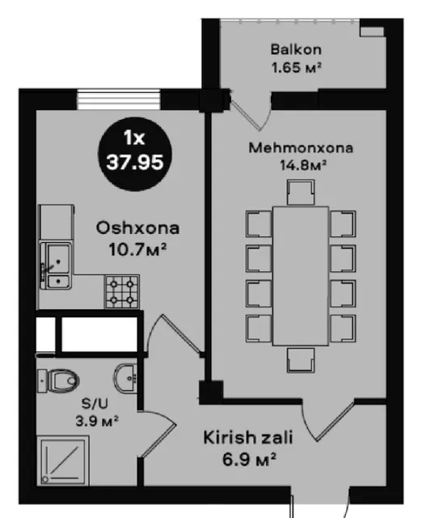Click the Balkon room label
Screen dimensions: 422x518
point(296,49)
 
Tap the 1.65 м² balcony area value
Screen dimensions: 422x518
point(297,67)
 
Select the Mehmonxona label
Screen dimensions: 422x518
point(301,147)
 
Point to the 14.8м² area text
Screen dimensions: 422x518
point(303,164)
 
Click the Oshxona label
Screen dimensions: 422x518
point(137,228)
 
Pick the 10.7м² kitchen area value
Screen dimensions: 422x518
point(137,248)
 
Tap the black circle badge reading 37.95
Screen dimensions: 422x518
point(135,154)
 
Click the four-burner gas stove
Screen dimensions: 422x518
point(122,292)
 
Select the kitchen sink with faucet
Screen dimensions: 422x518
point(57,265)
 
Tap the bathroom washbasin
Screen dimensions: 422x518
point(125,378)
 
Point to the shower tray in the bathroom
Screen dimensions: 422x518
point(63,461)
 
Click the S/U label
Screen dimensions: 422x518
point(95,404)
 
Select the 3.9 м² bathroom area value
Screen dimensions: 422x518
point(97,421)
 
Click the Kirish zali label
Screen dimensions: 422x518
point(248,438)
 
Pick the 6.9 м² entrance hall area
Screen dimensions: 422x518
point(249,459)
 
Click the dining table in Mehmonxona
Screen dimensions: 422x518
point(301,276)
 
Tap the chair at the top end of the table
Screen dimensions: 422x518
point(301,193)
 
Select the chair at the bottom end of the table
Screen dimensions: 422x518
point(301,359)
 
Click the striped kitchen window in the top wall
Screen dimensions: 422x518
point(119,99)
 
